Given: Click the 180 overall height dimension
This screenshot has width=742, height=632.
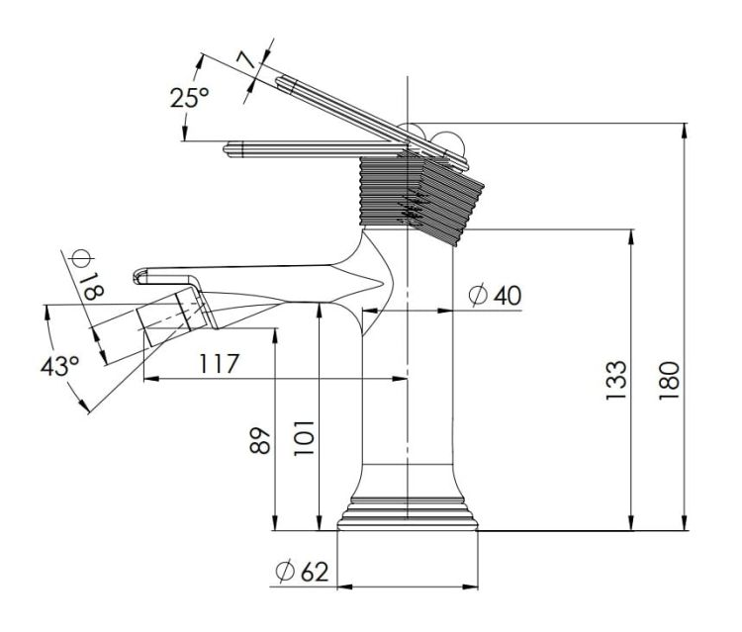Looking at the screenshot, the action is pyautogui.click(x=669, y=381).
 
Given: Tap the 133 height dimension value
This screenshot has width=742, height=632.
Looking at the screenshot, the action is pyautogui.click(x=616, y=381).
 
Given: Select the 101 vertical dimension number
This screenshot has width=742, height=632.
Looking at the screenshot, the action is pyautogui.click(x=304, y=437).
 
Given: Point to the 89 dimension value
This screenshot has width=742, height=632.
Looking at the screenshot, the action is pyautogui.click(x=260, y=440).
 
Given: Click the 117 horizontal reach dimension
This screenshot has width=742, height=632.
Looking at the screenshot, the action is pyautogui.click(x=219, y=363).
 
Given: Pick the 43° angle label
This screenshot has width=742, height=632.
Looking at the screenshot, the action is pyautogui.click(x=59, y=366).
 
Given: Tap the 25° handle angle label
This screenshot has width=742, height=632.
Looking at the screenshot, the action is pyautogui.click(x=189, y=98).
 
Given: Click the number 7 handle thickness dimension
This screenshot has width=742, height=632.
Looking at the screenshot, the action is pyautogui.click(x=245, y=60).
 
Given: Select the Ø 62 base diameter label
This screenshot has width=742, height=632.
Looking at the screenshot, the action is pyautogui.click(x=302, y=571).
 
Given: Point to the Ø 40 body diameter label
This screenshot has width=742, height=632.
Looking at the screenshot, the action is pyautogui.click(x=495, y=295).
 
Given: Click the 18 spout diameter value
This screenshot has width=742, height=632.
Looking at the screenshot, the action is pyautogui.click(x=93, y=286).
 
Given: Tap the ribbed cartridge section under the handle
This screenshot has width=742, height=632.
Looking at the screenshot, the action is pyautogui.click(x=421, y=199).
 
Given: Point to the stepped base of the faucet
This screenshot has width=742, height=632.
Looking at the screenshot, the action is pyautogui.click(x=407, y=514).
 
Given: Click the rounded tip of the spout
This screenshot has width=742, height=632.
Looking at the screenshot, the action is pyautogui.click(x=138, y=277).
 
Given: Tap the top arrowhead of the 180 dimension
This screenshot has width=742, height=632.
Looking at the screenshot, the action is pyautogui.click(x=684, y=131).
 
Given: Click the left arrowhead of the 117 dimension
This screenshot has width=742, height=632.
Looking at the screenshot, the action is pyautogui.click(x=150, y=379).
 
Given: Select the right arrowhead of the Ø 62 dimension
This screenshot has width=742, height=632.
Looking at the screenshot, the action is pyautogui.click(x=470, y=587).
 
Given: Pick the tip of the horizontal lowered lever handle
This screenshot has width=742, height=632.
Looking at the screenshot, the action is pyautogui.click(x=227, y=150).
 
